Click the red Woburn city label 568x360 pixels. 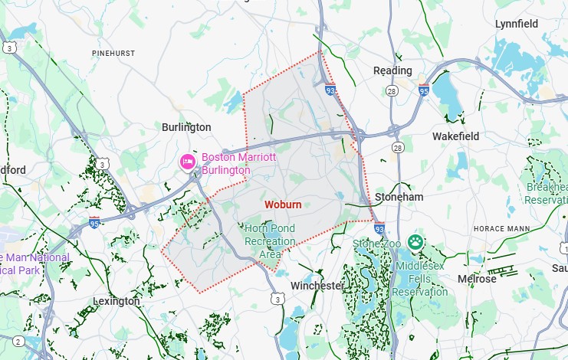[x=283, y=205]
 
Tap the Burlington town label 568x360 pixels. [x=186, y=126]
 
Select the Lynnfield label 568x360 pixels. [x=516, y=24]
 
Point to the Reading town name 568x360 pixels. [x=392, y=70]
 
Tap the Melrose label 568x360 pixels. [x=477, y=279]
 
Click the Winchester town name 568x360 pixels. [x=317, y=286]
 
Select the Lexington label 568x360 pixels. [x=117, y=301]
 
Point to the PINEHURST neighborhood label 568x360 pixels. [x=113, y=53]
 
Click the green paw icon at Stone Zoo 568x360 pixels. [x=415, y=243]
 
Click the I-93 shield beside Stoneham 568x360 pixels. [x=379, y=228]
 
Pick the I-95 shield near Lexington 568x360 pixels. [x=94, y=222]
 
